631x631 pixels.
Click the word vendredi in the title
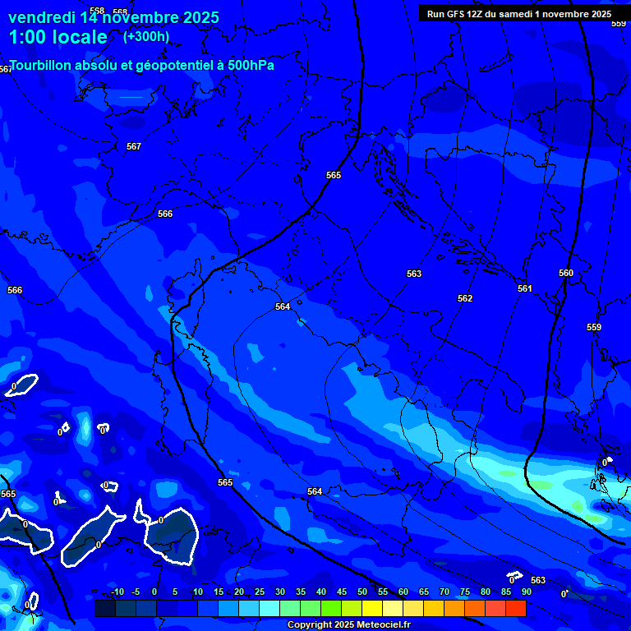click(x=42, y=17)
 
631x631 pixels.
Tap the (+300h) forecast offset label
click(x=146, y=36)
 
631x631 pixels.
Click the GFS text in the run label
click(x=457, y=14)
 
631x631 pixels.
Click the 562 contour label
click(x=465, y=298)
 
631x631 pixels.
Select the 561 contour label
click(x=525, y=288)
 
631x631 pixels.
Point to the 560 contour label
click(x=566, y=273)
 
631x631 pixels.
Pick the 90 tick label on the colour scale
click(x=526, y=592)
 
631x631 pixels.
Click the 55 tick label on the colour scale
click(x=383, y=592)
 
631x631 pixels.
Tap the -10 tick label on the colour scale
click(x=117, y=592)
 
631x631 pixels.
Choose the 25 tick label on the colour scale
click(x=260, y=592)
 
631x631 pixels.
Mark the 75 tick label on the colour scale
click(x=465, y=592)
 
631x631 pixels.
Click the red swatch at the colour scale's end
click(x=516, y=608)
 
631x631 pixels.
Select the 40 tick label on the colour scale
click(x=321, y=592)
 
